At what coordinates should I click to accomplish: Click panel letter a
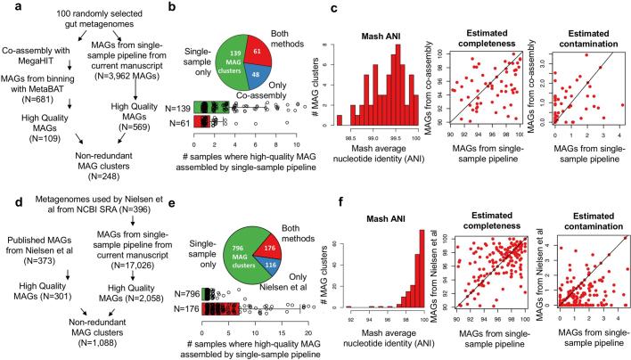coord(6,8)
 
